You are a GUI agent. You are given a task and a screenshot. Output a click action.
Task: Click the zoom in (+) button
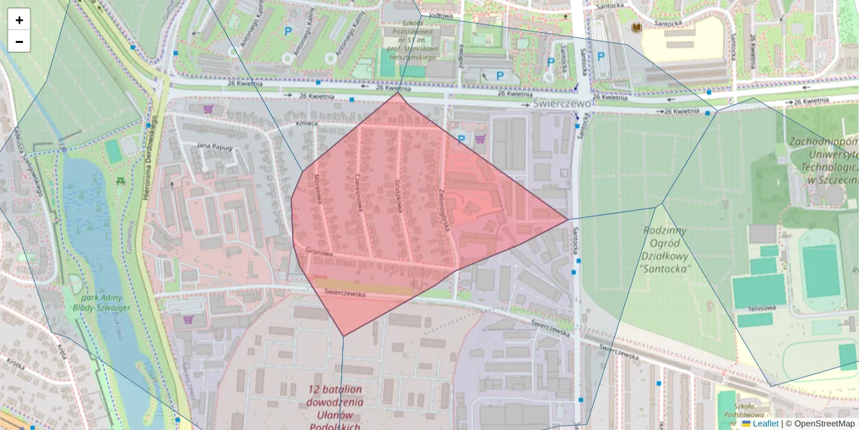19,20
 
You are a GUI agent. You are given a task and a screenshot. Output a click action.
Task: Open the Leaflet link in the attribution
765,424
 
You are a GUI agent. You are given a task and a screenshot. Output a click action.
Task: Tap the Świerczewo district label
563,104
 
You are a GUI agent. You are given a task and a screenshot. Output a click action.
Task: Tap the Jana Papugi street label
215,146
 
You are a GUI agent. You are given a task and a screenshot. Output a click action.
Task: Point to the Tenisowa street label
762,308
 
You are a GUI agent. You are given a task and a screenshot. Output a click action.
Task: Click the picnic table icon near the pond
120,181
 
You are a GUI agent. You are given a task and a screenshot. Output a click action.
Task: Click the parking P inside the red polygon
462,139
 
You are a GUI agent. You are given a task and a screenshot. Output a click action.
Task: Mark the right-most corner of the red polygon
568,219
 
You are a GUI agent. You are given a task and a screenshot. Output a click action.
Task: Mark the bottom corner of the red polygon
344,335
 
